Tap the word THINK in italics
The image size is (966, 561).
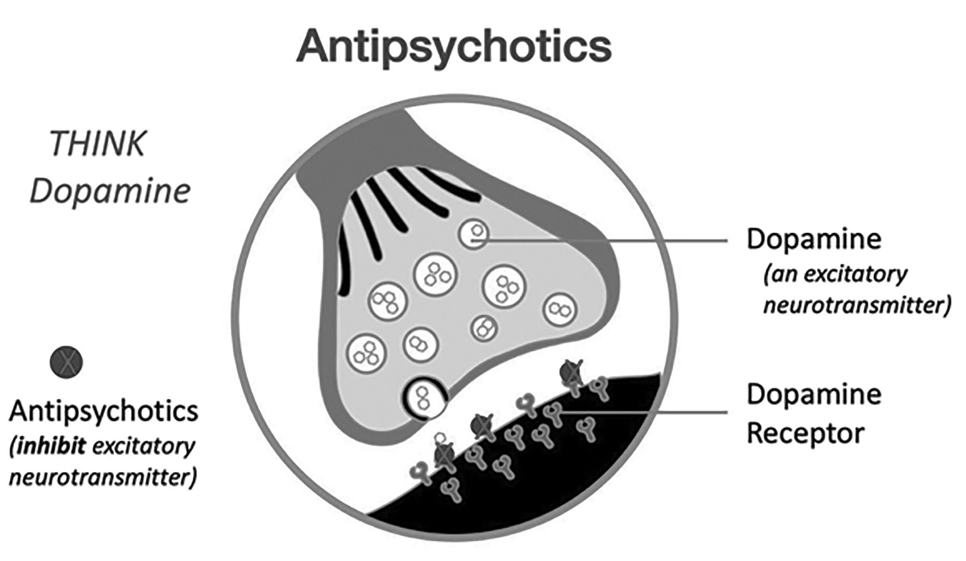pyautogui.click(x=97, y=144)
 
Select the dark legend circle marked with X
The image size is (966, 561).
pyautogui.click(x=66, y=362)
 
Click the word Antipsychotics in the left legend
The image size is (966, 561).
pyautogui.click(x=104, y=411)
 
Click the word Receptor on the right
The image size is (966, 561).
pyautogui.click(x=806, y=433)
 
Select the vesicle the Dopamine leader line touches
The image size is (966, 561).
pyautogui.click(x=474, y=235)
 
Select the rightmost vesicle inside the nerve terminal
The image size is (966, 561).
pyautogui.click(x=560, y=310)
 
